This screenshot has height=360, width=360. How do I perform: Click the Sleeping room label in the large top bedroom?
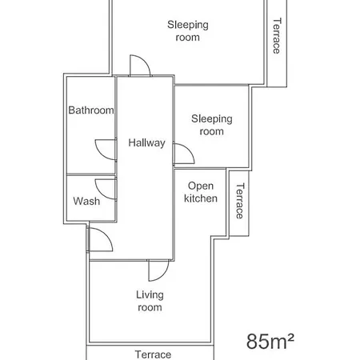click(x=187, y=31)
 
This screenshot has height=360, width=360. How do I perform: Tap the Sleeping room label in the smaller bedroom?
click(x=211, y=125)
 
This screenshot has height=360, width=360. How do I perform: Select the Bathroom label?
click(x=90, y=110)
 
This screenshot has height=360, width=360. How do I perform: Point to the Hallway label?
click(x=146, y=143)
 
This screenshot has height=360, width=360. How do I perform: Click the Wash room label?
click(x=86, y=201)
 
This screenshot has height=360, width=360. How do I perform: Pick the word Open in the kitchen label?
click(x=201, y=186)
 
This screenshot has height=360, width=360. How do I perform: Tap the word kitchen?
click(x=201, y=198)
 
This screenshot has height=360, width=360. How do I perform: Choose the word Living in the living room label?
click(x=150, y=294)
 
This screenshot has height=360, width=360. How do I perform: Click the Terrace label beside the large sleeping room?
click(x=277, y=36)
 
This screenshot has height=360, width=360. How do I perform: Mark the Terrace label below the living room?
click(x=153, y=354)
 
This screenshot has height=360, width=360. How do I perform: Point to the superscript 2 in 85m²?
click(x=290, y=337)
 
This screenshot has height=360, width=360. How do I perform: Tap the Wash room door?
click(x=107, y=189)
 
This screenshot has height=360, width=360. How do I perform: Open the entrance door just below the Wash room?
click(x=98, y=238)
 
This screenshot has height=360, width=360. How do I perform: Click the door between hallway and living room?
click(x=159, y=270)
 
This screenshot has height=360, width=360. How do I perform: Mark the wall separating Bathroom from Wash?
click(x=90, y=174)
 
